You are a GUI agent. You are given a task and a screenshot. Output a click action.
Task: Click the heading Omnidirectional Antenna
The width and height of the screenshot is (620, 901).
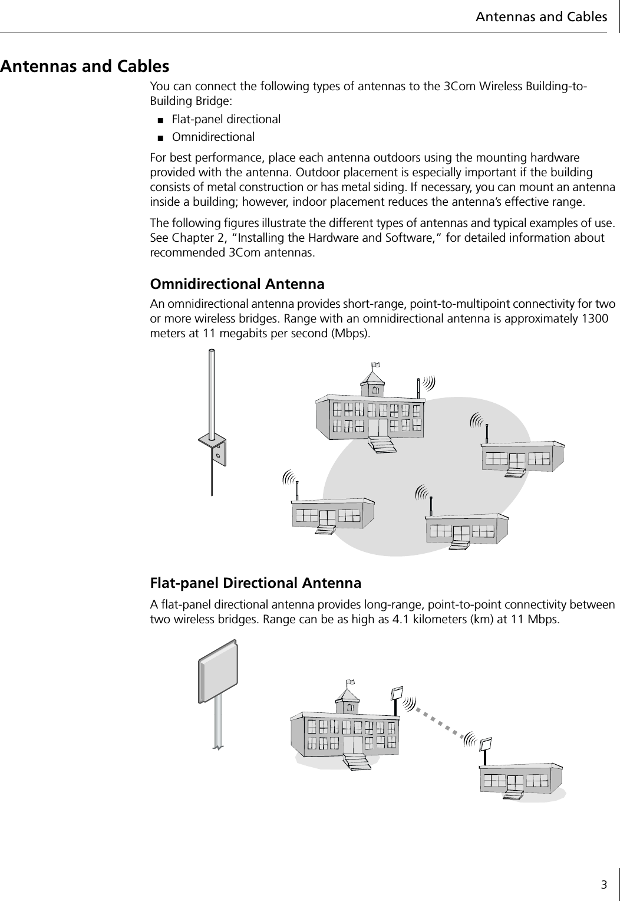pos(238,284)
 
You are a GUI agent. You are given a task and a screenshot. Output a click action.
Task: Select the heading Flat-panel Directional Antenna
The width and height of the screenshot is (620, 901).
pos(256,583)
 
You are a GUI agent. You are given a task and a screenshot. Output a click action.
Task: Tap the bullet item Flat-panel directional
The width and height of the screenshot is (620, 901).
pos(226,119)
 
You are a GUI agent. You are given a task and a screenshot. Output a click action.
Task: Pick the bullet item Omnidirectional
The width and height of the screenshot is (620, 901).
pos(213,137)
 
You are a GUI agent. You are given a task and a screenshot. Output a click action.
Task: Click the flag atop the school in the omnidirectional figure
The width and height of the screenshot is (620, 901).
pos(375,365)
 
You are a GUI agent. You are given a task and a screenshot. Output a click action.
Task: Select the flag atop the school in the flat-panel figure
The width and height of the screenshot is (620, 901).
pos(351,682)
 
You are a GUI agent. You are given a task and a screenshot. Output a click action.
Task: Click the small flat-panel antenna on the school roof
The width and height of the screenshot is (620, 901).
pos(397,692)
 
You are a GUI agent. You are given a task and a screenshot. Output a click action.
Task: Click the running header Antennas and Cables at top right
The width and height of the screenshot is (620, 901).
pos(541,17)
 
